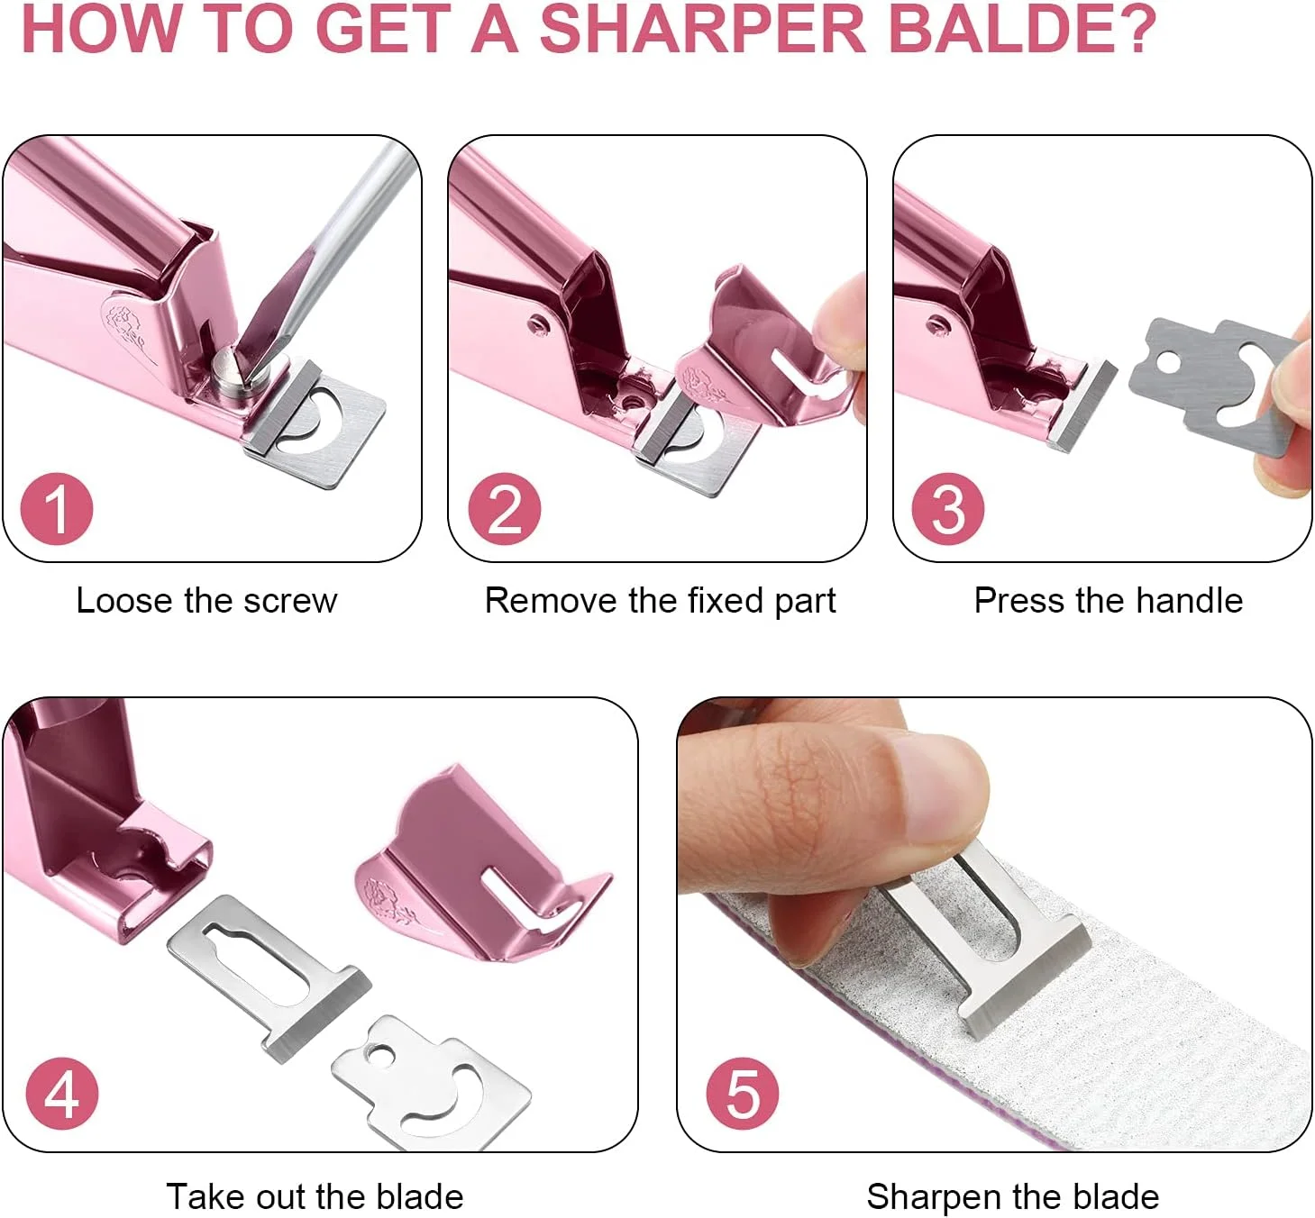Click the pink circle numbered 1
(57, 509)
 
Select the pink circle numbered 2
(505, 509)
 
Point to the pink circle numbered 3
(948, 509)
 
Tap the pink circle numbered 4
(61, 1093)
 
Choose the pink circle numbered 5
(743, 1093)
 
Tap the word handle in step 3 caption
(1189, 601)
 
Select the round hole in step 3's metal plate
(1169, 362)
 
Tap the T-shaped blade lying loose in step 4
(269, 973)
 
